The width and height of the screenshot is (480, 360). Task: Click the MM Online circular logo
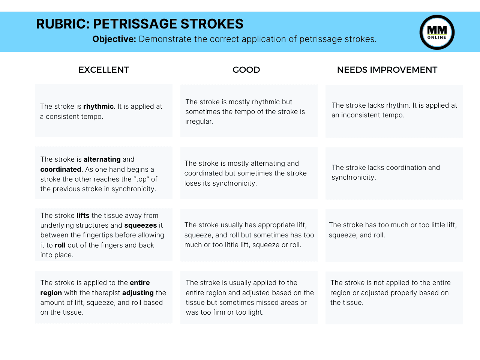tap(437, 32)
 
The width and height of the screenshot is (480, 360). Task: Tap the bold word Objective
tap(114, 39)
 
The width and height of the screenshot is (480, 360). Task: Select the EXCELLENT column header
tap(103, 70)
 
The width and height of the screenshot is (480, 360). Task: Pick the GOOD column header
tap(246, 70)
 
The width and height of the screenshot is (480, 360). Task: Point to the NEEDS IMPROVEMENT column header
tap(387, 70)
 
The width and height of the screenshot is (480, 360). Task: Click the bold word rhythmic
tap(98, 106)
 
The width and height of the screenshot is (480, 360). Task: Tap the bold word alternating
tap(102, 159)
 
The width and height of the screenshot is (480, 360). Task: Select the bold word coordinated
tap(61, 169)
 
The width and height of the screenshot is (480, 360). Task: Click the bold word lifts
tap(83, 216)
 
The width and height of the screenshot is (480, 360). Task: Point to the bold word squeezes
tap(141, 225)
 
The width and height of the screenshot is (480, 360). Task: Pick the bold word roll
tap(60, 245)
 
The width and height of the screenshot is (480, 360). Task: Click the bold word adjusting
tap(138, 293)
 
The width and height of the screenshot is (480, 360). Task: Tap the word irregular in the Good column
tap(199, 121)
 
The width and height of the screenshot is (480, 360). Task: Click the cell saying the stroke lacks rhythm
tap(394, 111)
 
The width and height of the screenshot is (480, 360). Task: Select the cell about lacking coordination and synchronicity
tap(394, 173)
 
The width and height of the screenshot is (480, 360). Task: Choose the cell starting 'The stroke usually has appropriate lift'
tap(249, 235)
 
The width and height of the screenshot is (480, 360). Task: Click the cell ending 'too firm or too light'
tap(249, 297)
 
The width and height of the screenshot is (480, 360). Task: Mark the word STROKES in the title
tap(212, 24)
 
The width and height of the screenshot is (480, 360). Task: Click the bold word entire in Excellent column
tap(139, 283)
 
